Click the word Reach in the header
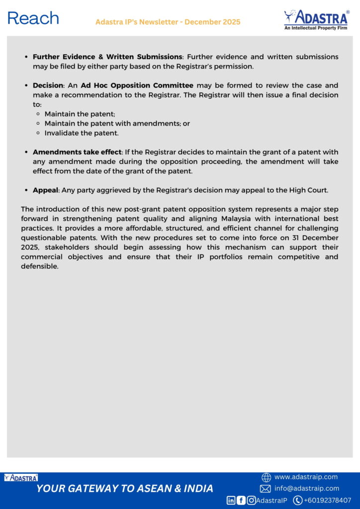[x=33, y=18]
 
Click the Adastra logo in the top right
[x=316, y=20]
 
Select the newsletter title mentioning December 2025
[x=168, y=22]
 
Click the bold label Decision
[x=48, y=85]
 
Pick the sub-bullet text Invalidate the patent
[x=82, y=133]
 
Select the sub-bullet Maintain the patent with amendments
[x=117, y=123]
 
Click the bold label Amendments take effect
[x=77, y=152]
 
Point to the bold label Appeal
[x=46, y=190]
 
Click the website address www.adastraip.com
[x=306, y=477]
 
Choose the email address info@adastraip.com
[x=307, y=489]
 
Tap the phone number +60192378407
[x=327, y=500]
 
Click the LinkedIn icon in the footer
[x=231, y=501]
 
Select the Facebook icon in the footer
[x=241, y=501]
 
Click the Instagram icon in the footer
[x=252, y=501]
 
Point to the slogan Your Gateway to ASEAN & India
[x=125, y=489]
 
